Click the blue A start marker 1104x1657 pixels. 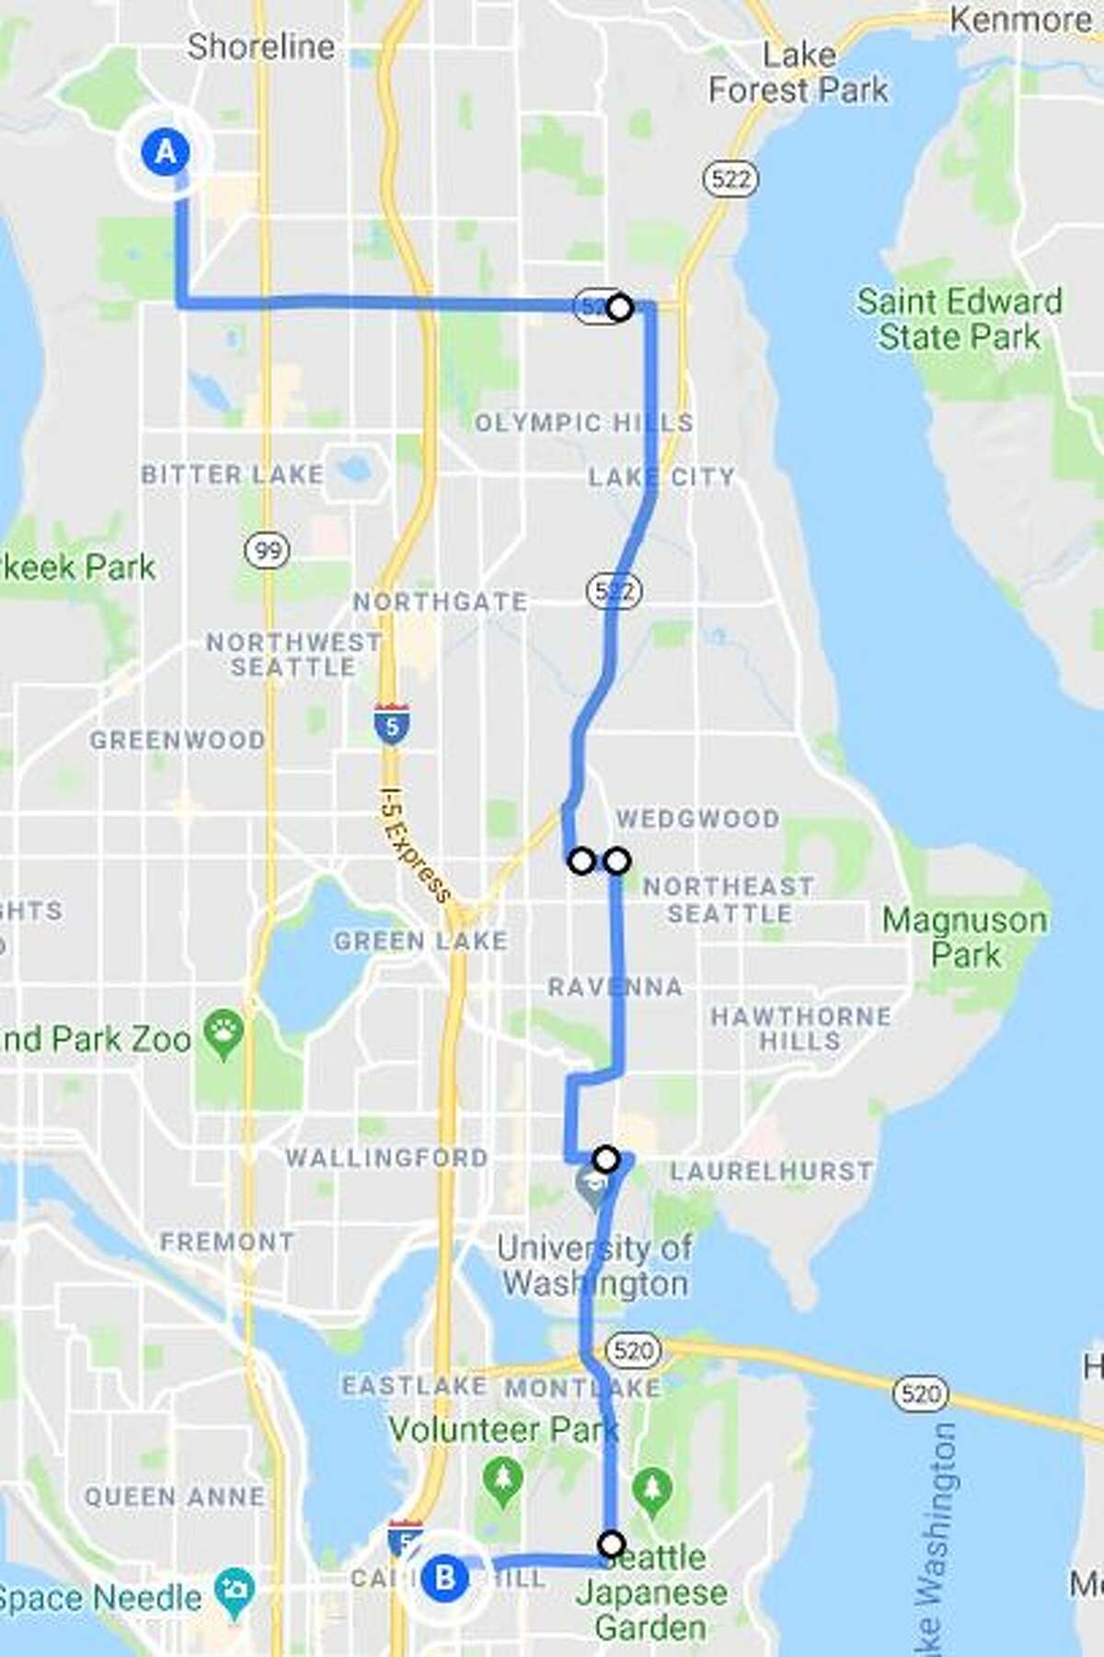point(166,151)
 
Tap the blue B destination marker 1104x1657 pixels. point(444,1578)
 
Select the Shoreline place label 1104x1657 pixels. point(260,46)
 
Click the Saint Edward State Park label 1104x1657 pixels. point(959,318)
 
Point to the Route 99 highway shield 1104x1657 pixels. point(268,550)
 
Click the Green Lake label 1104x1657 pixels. point(420,940)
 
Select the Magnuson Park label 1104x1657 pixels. point(964,937)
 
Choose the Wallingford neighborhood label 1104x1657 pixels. point(386,1156)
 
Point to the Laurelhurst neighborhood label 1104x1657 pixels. point(771,1170)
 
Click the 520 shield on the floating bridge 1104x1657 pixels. point(920,1393)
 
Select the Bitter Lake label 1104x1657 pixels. point(232,475)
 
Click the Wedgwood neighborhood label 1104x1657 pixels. point(697,817)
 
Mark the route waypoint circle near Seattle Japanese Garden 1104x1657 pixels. point(612,1544)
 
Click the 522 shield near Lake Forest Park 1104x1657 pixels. point(731,178)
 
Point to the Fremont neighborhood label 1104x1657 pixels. point(226,1242)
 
